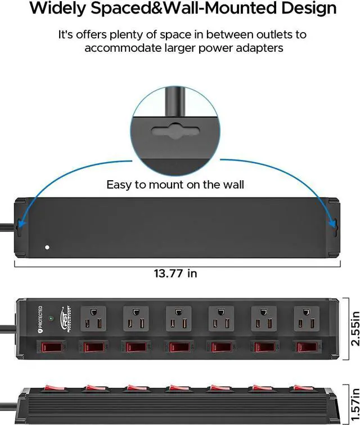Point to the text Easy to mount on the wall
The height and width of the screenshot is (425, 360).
175,185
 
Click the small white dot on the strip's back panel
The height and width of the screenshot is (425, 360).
47,247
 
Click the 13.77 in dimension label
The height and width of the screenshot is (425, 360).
175,274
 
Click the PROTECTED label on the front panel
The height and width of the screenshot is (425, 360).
40,318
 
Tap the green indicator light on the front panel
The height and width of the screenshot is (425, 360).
51,319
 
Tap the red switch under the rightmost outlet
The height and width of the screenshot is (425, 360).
307,347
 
